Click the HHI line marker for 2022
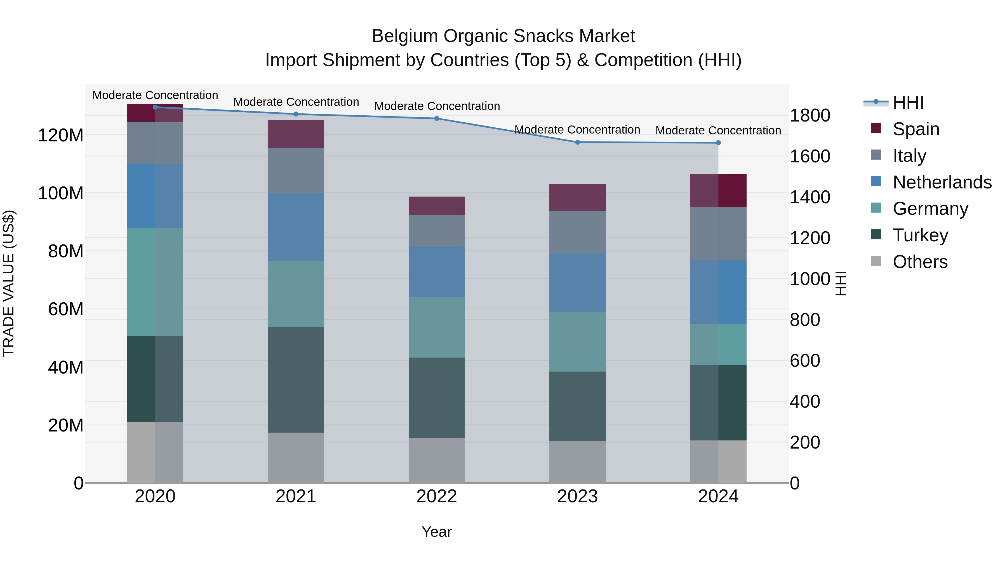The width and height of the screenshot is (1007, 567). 437,118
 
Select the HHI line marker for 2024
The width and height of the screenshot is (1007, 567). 718,143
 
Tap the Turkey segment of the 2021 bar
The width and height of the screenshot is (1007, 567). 296,380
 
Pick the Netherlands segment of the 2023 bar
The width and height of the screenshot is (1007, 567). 577,282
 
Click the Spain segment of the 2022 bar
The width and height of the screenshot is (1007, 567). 437,206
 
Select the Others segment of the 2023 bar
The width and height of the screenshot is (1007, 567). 577,462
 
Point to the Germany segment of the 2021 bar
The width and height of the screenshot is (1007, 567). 296,294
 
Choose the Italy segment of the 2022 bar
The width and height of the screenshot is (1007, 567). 437,231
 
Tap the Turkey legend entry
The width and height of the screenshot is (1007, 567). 920,235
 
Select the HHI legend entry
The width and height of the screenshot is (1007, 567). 908,102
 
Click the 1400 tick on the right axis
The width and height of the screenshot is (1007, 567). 810,197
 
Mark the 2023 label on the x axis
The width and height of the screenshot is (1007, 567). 577,496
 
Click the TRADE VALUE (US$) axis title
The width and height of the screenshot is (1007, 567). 9,283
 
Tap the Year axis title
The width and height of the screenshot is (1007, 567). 437,532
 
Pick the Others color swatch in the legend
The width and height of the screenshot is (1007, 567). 876,261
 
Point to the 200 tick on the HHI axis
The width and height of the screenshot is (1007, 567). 804,443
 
